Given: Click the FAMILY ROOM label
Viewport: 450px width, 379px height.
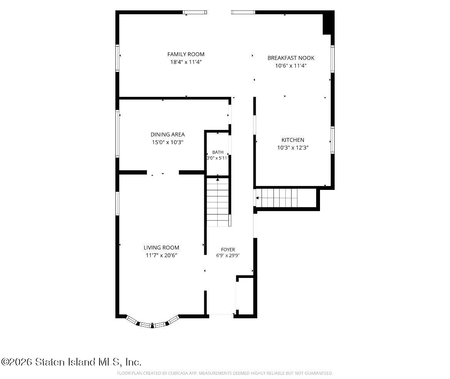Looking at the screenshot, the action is [x=186, y=54].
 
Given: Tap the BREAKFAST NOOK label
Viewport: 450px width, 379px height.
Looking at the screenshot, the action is [x=291, y=58].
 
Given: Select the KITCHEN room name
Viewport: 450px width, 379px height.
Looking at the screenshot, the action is [x=293, y=140].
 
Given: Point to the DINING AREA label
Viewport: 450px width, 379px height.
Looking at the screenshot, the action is [x=168, y=135].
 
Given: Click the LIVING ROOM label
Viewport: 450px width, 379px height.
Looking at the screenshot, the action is [x=161, y=248].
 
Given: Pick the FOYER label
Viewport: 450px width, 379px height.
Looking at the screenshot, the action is [x=228, y=249].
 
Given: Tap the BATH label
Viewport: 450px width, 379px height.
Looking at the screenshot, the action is [x=218, y=152].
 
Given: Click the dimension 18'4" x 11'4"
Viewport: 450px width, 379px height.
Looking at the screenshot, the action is [x=186, y=62].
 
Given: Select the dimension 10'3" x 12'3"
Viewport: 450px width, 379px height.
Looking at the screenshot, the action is [x=293, y=148].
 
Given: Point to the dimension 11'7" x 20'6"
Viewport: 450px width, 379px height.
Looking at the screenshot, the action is [x=161, y=255].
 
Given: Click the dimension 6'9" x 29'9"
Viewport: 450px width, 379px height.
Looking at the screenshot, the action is [x=228, y=255].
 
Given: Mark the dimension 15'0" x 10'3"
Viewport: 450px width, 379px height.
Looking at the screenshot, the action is [x=168, y=142].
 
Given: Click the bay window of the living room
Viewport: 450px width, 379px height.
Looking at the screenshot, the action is [x=152, y=324].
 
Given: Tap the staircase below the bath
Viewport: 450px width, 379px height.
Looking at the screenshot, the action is [x=218, y=202].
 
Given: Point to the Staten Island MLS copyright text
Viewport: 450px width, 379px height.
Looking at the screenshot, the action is [x=71, y=362].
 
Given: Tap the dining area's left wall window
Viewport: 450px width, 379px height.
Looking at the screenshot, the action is [x=117, y=134].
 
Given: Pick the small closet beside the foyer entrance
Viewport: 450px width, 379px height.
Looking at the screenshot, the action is [x=245, y=296].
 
